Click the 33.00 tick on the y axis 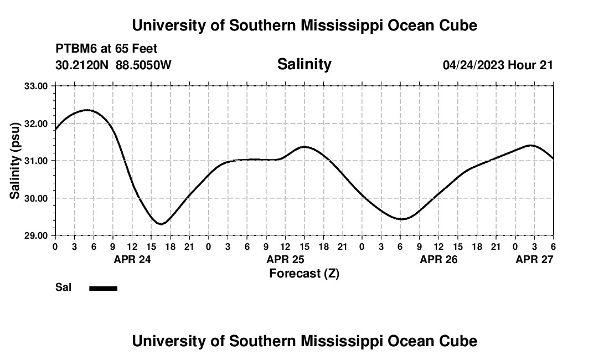point(36,86)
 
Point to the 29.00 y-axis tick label point(36,235)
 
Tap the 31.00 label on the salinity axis point(36,161)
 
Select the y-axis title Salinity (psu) point(15,161)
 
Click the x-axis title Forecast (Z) point(304,274)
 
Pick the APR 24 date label point(132,259)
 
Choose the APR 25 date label point(285,259)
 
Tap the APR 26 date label point(438,259)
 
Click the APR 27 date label point(534,259)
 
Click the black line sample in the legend point(103,288)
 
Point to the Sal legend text point(64,287)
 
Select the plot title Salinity point(304,64)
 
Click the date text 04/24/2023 point(473,65)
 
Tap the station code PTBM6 point(74,49)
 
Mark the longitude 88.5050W point(143,65)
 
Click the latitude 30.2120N point(82,65)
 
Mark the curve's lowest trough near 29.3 point(161,224)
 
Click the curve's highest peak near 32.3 point(87,110)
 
